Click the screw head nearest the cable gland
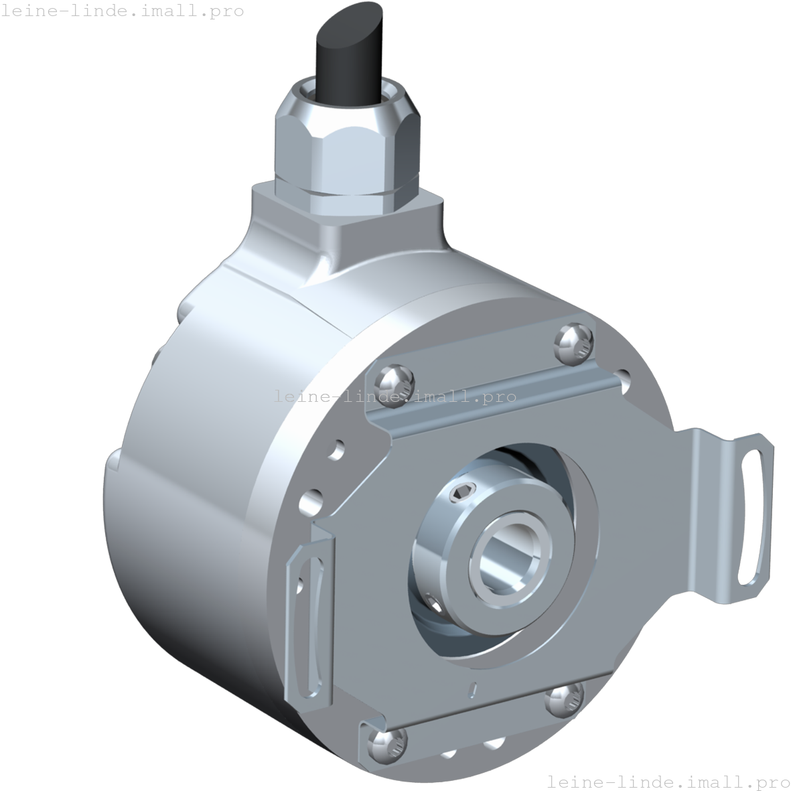point(574,343)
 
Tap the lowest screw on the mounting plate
point(387,745)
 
